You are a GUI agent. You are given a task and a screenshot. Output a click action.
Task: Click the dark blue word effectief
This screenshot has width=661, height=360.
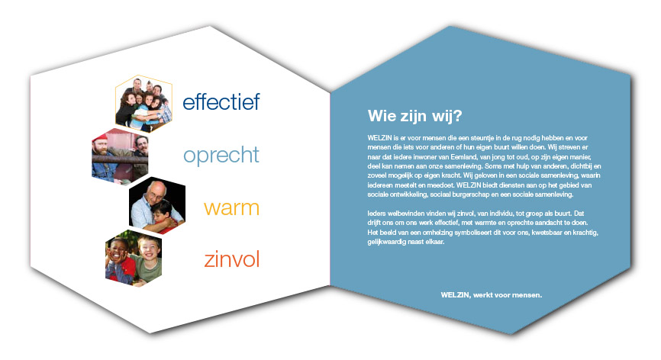[221, 102]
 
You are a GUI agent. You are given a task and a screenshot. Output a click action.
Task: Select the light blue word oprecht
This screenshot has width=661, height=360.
[221, 156]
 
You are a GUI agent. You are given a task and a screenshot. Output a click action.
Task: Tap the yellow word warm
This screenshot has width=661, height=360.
[231, 208]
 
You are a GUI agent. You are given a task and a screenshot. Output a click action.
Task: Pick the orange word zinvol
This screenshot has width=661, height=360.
[231, 259]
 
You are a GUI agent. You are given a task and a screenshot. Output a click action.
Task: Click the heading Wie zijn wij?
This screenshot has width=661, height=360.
[414, 116]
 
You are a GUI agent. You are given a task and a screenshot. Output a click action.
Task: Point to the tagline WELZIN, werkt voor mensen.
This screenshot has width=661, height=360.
[491, 295]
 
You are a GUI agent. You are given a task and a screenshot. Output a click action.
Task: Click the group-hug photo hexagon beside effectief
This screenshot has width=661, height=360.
[143, 104]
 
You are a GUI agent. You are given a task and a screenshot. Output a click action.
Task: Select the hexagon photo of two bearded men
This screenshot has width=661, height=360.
[120, 156]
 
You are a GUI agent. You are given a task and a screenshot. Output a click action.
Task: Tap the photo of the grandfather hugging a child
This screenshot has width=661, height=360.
[157, 205]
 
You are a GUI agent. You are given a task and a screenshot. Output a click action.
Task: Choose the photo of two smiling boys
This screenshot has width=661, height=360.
[134, 258]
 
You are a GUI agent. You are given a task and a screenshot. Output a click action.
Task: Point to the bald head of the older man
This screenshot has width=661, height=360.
[156, 187]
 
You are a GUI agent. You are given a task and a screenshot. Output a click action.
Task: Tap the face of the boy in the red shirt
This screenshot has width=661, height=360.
[118, 249]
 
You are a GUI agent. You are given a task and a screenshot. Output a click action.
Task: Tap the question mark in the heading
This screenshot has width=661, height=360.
[457, 115]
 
